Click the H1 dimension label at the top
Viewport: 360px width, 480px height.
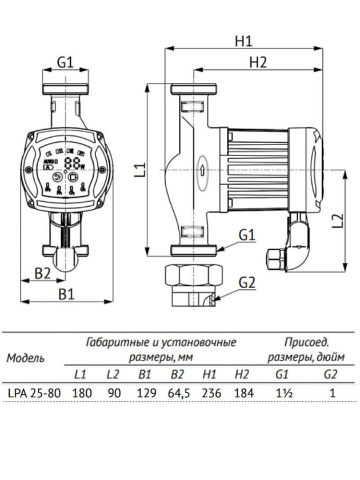[x=243, y=41]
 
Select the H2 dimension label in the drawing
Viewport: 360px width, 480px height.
[x=258, y=63]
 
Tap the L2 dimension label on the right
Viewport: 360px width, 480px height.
[x=337, y=220]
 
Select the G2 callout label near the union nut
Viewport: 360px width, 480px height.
[x=247, y=282]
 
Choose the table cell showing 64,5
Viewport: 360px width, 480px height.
[x=177, y=393]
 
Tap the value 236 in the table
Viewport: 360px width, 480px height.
[x=210, y=393]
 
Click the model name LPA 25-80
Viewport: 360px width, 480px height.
[x=31, y=393]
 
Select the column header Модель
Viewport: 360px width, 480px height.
[x=25, y=359]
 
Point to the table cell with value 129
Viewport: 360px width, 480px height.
[x=145, y=393]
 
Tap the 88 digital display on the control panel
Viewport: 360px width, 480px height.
[x=73, y=163]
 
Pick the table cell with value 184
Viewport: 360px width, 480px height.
[x=242, y=393]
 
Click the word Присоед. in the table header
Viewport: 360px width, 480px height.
[x=306, y=343]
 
